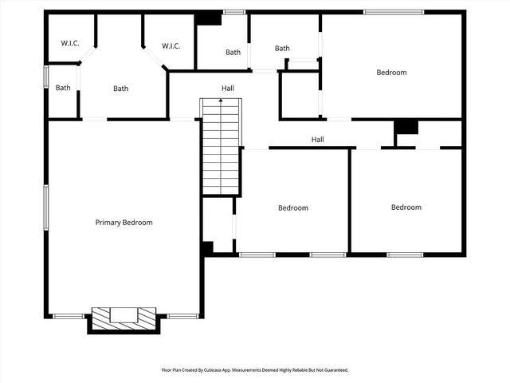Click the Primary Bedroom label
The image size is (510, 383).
(x=124, y=223)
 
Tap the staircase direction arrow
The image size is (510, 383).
(x=221, y=101)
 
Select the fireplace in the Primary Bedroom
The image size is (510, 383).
(x=124, y=316)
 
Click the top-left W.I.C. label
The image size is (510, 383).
(x=70, y=43)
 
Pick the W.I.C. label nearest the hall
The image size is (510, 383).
(x=171, y=46)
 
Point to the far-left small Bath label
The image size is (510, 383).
(x=63, y=88)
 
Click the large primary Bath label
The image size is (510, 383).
(x=120, y=89)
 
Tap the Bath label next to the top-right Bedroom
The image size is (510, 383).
(x=282, y=49)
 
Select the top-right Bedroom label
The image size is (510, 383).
(x=391, y=73)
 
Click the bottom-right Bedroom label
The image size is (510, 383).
(x=406, y=207)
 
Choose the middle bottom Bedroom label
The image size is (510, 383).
(x=292, y=208)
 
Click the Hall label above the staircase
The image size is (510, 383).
(x=228, y=88)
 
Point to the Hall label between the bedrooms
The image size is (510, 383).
(x=317, y=140)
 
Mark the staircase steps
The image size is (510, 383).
(x=221, y=152)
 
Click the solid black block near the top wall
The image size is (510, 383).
(x=209, y=18)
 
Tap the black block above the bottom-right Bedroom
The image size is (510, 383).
(x=406, y=126)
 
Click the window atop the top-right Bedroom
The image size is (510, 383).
(x=394, y=12)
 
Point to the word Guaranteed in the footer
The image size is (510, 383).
(x=334, y=370)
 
